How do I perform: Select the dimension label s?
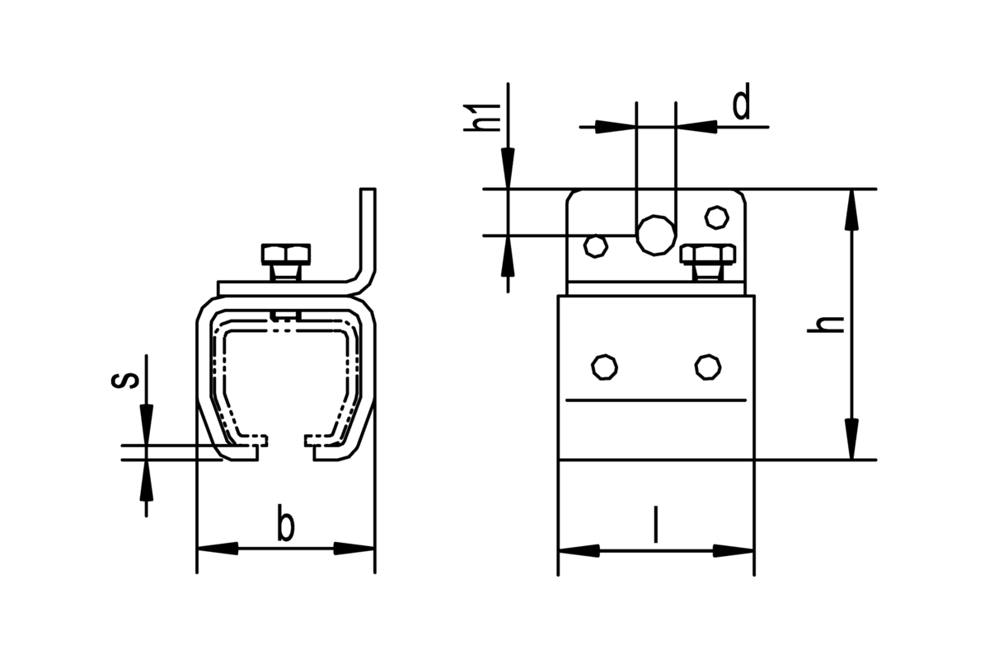125,380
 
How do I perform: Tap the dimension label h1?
481,118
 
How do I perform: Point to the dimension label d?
741,106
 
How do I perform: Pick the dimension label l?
656,525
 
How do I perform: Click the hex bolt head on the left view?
286,255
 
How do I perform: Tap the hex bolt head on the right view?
708,255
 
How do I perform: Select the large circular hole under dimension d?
656,236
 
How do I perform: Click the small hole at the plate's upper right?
716,217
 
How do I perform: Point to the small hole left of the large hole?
596,246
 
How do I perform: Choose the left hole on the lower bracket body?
604,367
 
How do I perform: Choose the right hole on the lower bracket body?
708,367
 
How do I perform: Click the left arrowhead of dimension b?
218,549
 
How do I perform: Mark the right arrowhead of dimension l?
734,550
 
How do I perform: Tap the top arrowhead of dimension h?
851,210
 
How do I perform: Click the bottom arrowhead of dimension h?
851,439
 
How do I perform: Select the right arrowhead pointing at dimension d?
696,127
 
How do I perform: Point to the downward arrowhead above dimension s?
146,424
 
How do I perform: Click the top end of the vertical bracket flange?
368,189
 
